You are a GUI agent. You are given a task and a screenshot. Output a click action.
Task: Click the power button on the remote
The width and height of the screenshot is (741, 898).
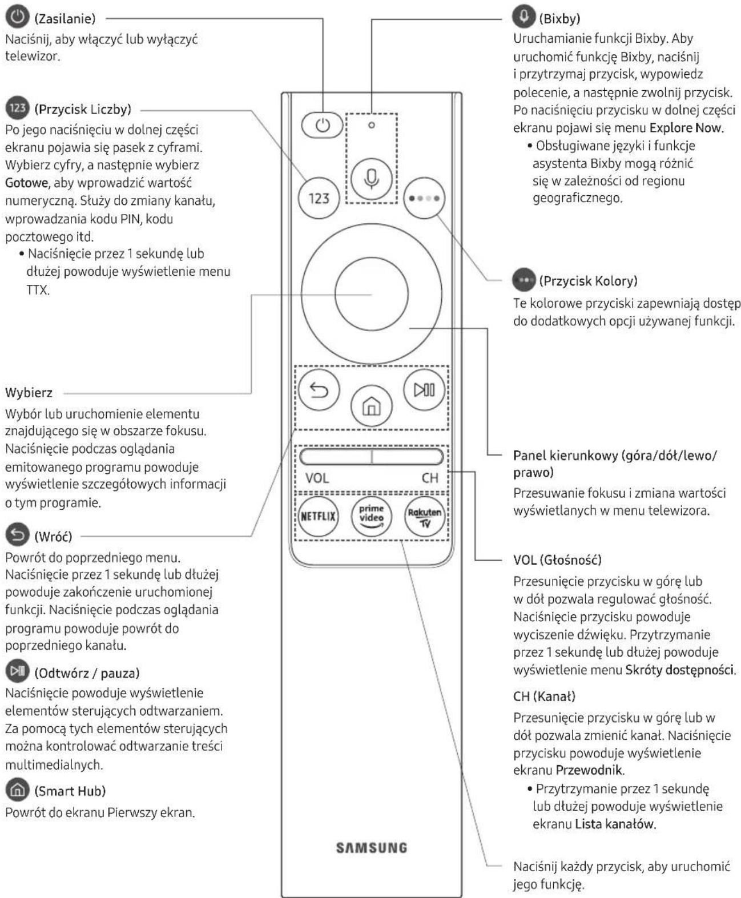pos(322,125)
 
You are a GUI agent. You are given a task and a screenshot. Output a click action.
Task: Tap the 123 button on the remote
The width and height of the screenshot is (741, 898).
pos(319,198)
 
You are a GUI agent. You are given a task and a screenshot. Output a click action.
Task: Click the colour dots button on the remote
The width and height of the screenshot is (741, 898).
pos(424,198)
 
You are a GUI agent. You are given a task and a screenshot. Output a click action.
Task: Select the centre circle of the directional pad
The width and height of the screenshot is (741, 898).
pos(371,294)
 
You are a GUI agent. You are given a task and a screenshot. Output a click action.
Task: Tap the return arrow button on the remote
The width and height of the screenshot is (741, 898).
pos(319,390)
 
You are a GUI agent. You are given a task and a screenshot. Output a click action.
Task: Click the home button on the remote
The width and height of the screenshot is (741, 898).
pos(371,406)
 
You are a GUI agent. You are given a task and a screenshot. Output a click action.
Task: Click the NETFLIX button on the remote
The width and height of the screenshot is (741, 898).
pos(318,516)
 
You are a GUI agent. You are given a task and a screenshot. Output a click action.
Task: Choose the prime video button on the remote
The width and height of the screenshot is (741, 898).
pos(371,516)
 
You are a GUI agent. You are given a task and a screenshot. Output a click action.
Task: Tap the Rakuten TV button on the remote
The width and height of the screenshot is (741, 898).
pos(425,516)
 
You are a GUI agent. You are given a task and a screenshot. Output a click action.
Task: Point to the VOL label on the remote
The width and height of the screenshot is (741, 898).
pos(317,478)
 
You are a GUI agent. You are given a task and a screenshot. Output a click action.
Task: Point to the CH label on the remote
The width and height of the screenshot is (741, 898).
pos(430,478)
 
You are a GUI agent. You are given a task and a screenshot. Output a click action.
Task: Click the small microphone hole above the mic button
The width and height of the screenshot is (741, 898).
pos(372,125)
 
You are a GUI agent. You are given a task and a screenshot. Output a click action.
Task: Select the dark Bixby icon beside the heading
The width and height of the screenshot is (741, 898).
pos(523,17)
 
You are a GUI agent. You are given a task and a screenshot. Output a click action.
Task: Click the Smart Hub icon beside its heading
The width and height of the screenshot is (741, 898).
pos(17,790)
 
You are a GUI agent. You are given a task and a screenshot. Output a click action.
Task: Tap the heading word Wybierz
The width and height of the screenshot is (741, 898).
pos(29,393)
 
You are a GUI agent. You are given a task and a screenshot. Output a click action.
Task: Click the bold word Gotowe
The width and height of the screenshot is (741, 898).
pos(27,183)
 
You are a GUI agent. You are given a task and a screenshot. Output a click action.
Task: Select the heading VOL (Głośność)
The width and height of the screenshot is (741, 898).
pos(557,560)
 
